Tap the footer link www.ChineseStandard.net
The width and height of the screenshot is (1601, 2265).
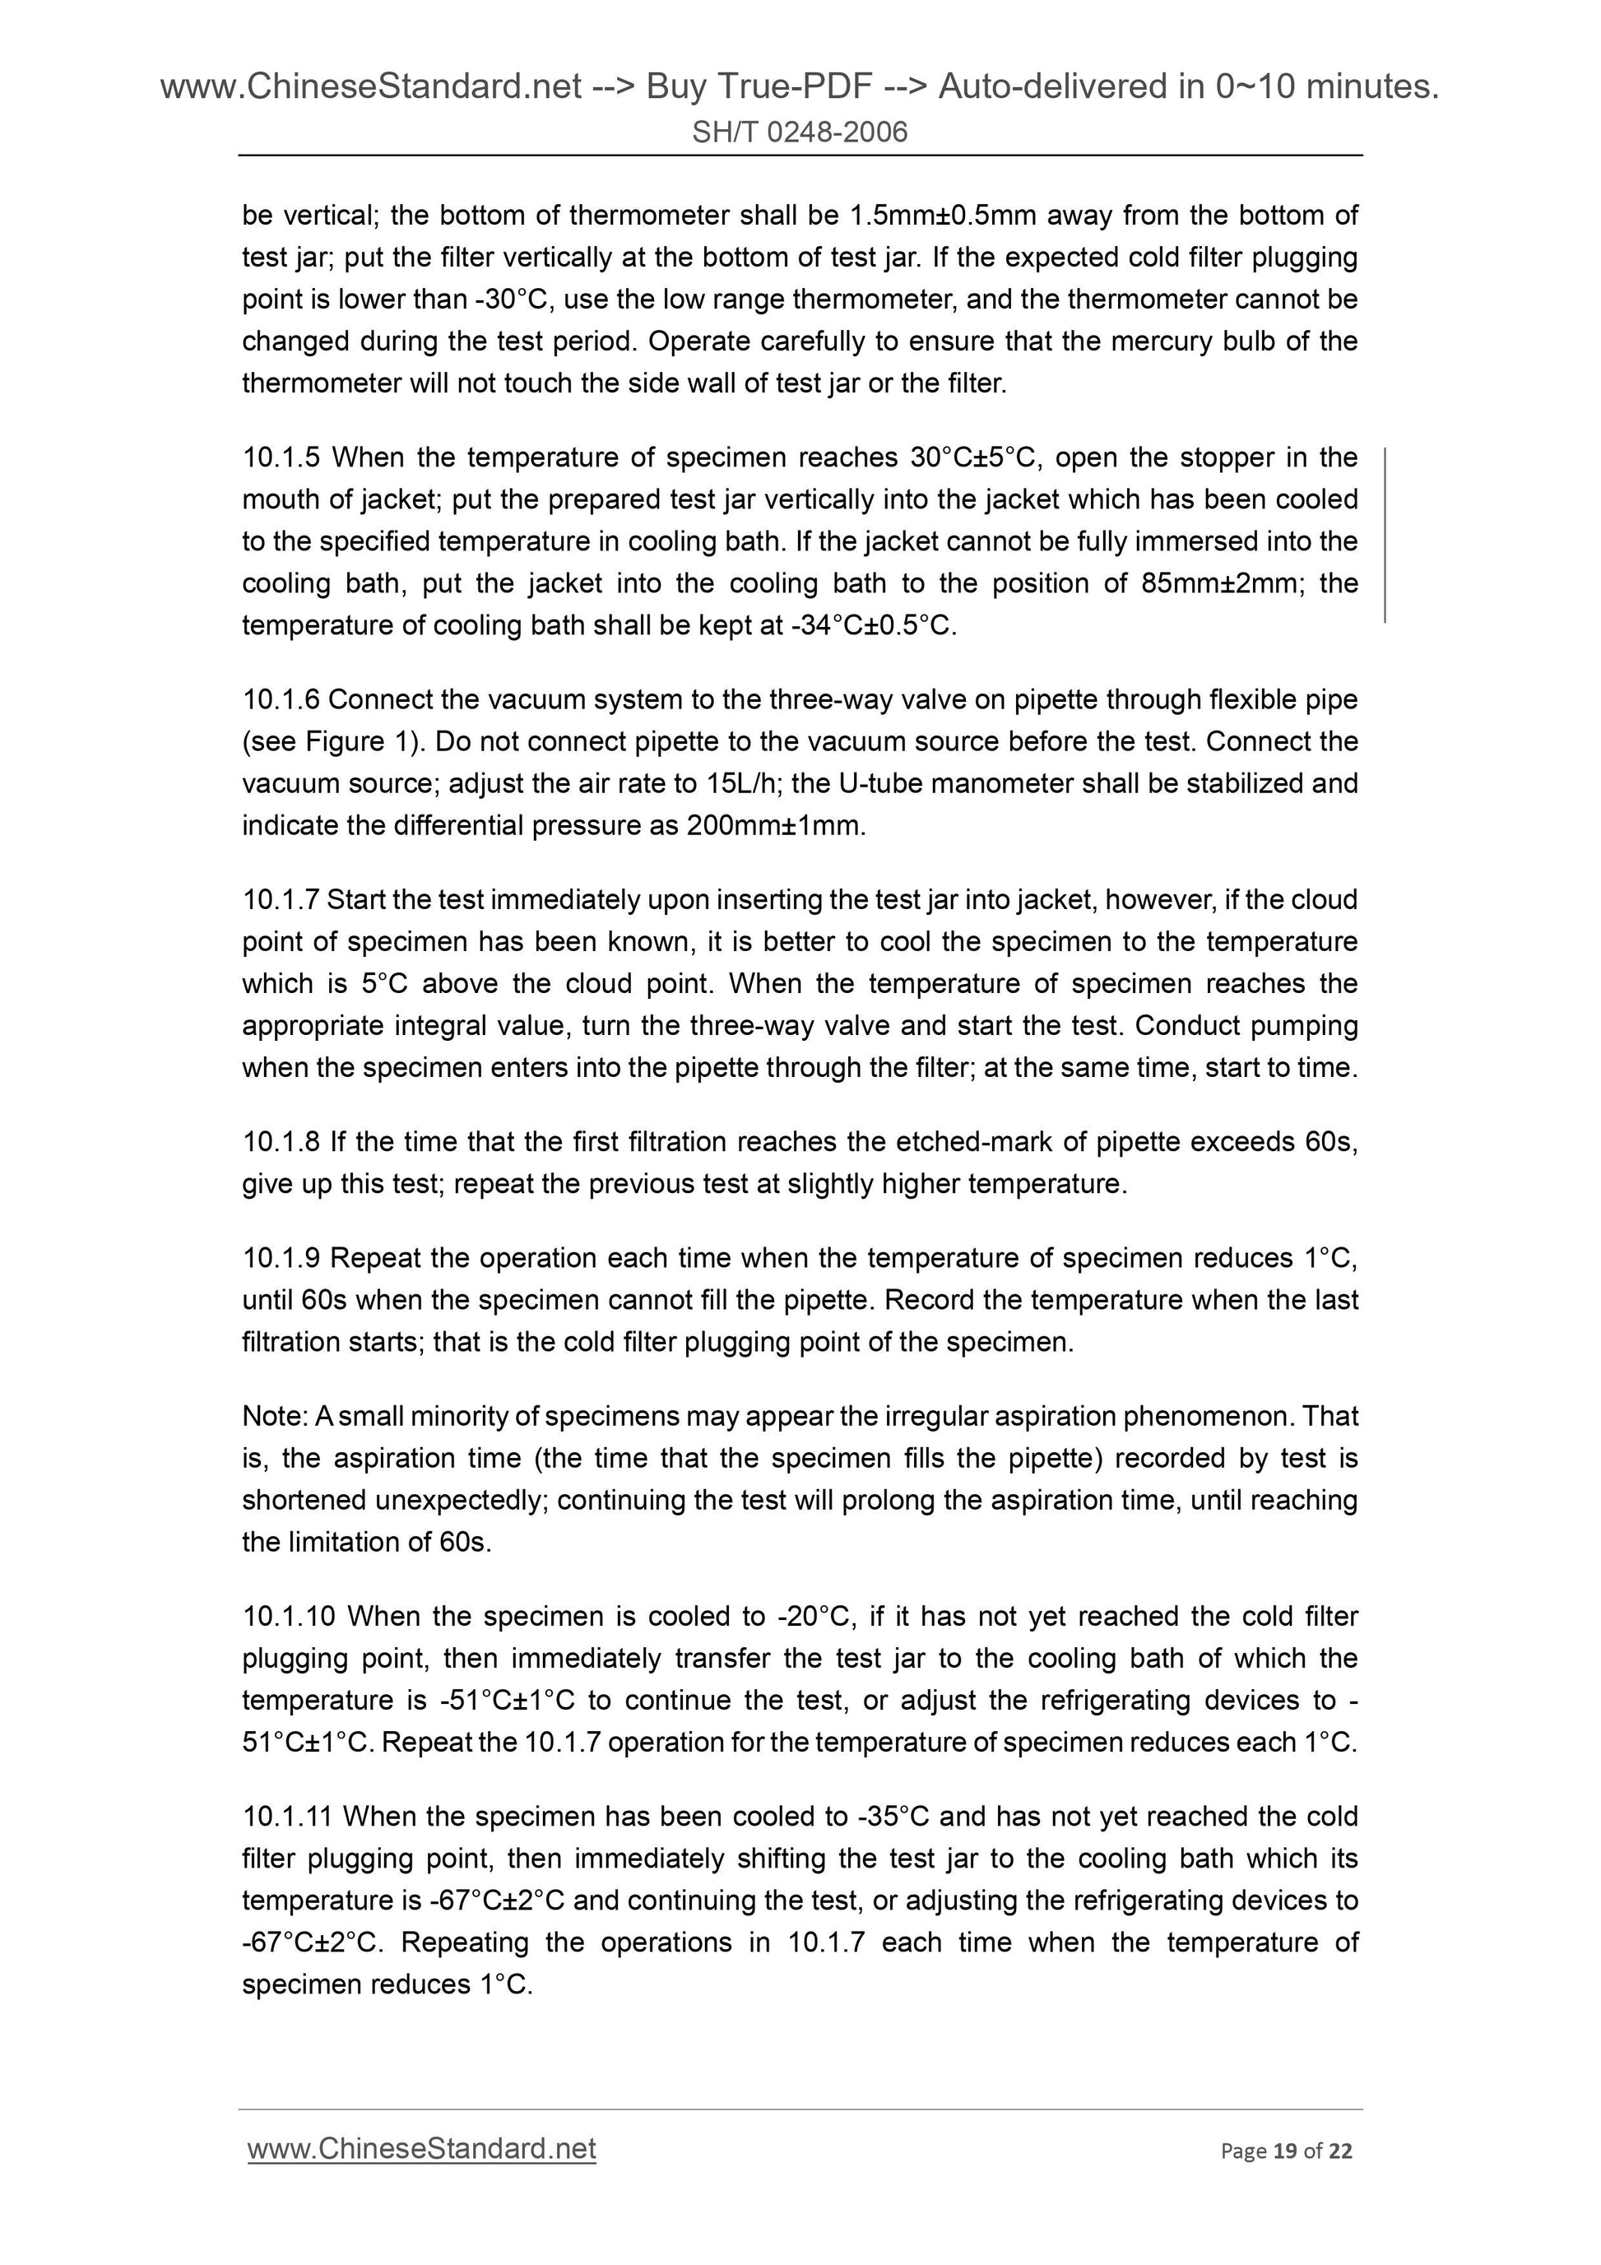(421, 2149)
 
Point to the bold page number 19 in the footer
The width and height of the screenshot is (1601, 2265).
(1284, 2151)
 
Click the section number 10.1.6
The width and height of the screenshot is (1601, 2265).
(281, 699)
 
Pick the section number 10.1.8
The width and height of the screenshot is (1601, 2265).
(281, 1141)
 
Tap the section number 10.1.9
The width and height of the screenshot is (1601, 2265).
(281, 1258)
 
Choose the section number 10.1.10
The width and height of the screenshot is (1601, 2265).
(289, 1616)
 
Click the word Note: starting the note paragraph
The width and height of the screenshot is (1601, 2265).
(276, 1416)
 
